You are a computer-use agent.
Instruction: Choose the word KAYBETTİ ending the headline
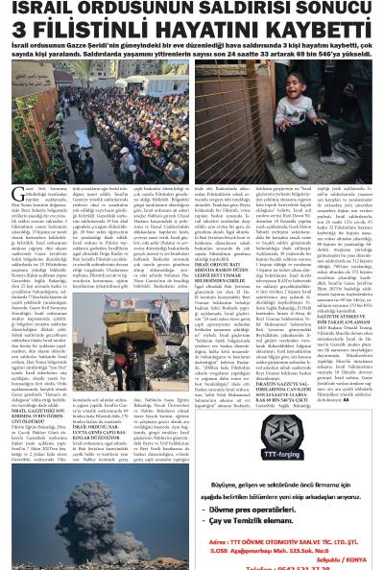point(322,32)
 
